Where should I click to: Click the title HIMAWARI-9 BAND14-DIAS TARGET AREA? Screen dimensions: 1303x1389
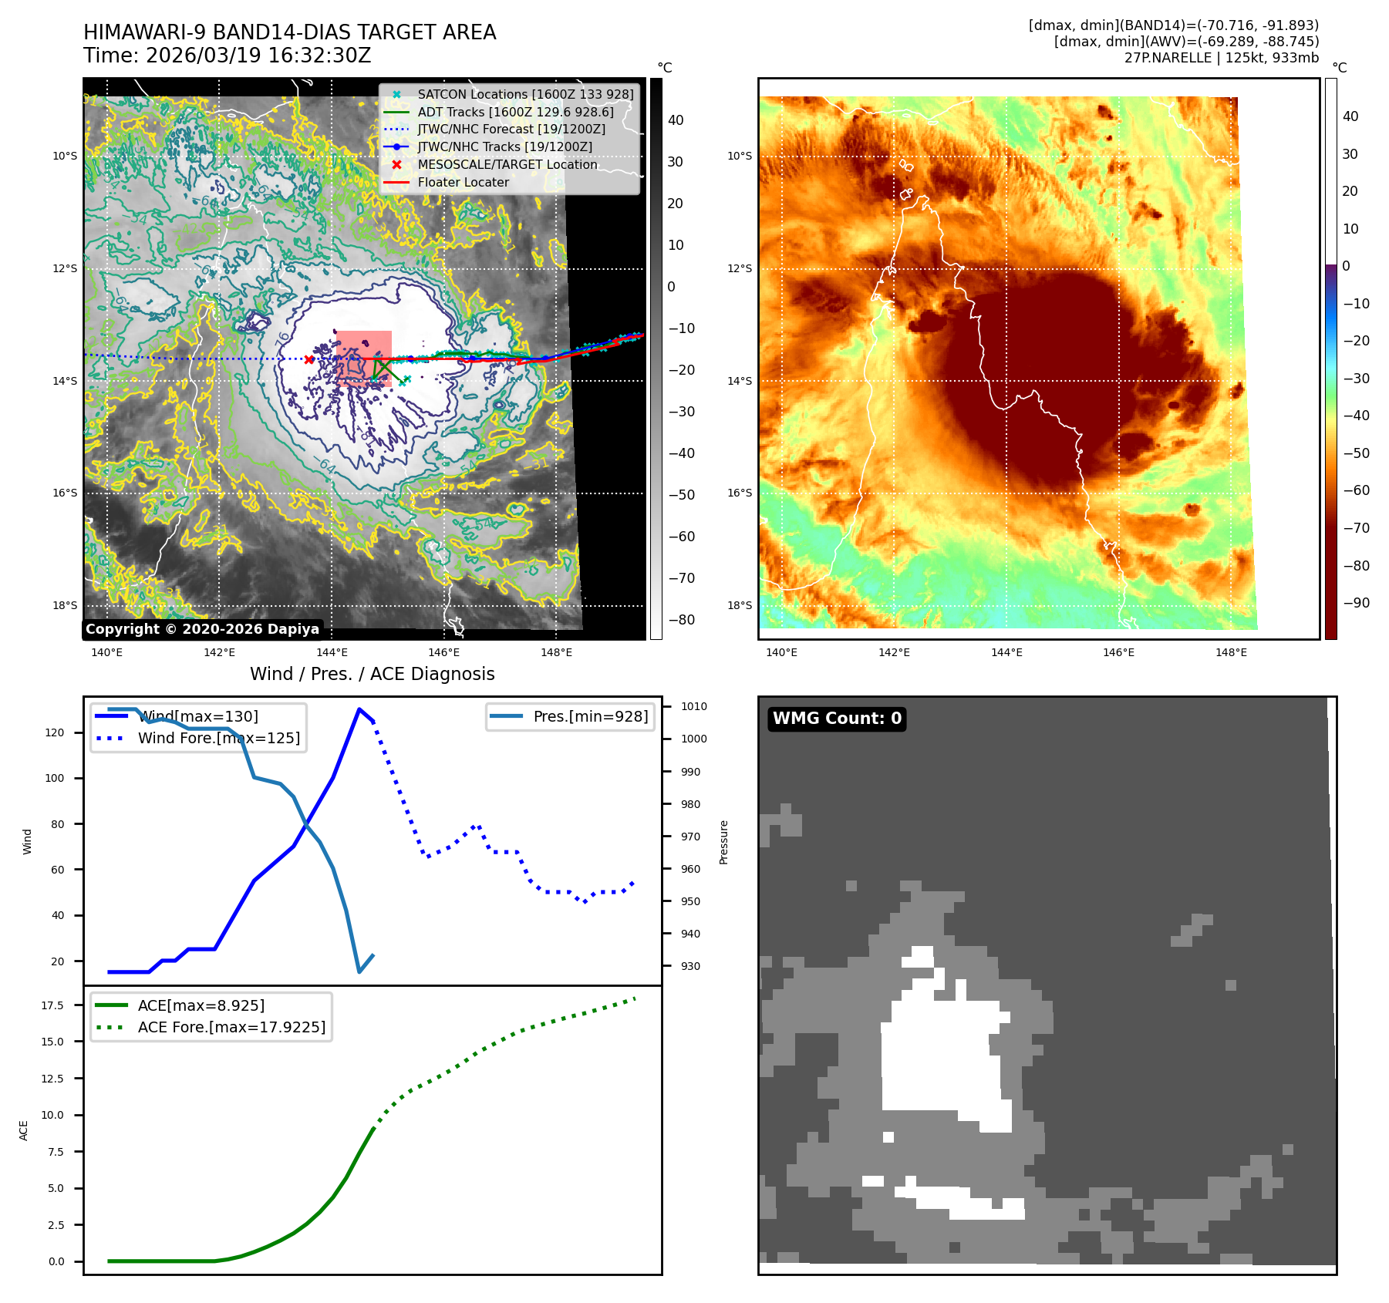click(x=289, y=32)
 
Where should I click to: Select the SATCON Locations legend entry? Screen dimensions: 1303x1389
click(x=525, y=94)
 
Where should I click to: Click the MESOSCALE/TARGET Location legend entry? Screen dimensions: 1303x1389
click(x=507, y=164)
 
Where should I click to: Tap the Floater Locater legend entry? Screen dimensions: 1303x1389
click(x=463, y=182)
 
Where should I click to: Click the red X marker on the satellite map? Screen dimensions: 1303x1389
click(x=309, y=359)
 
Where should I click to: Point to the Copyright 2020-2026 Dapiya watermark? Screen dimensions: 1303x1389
click(x=202, y=629)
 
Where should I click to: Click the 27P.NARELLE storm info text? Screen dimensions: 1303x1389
click(x=1221, y=58)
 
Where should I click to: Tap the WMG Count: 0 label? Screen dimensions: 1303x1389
click(x=837, y=719)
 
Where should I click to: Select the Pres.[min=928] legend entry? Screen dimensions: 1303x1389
click(x=590, y=716)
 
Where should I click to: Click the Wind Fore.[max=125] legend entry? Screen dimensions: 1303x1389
click(x=218, y=738)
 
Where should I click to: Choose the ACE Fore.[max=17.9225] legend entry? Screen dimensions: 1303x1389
click(x=231, y=1027)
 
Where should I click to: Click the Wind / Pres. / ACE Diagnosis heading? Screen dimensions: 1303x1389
click(x=372, y=674)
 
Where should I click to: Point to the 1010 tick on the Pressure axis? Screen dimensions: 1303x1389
click(x=693, y=706)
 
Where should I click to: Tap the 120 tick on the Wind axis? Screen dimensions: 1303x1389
click(x=55, y=732)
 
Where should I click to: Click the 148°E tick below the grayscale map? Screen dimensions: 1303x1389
click(x=556, y=652)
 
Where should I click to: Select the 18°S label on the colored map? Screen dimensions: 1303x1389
click(x=739, y=605)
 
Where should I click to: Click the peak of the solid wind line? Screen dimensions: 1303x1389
click(x=359, y=709)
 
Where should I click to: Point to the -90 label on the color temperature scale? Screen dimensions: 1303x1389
click(x=1356, y=603)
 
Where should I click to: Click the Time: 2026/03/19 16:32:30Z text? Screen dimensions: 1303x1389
click(x=227, y=56)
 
